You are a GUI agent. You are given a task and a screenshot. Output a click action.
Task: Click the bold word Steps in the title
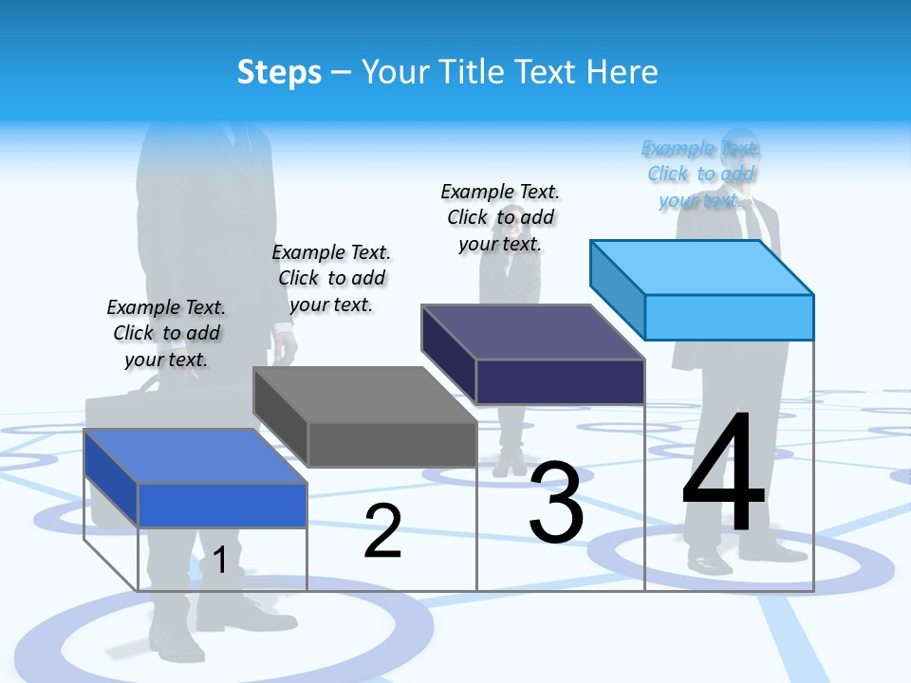point(279,72)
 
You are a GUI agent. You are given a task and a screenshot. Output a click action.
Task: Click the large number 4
point(723,473)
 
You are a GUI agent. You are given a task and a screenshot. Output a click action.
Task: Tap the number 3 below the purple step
point(556,503)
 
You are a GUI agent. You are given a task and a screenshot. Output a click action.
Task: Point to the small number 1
point(219,560)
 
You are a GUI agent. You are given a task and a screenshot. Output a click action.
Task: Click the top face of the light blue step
point(702,267)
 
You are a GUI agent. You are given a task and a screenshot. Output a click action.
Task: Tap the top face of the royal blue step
point(195,456)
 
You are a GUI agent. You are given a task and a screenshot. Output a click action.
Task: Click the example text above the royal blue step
point(166,333)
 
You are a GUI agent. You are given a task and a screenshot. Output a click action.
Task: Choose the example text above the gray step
point(331,278)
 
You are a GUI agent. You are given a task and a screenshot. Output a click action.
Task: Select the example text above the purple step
point(500,217)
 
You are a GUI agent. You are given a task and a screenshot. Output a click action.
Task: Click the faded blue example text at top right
point(700,174)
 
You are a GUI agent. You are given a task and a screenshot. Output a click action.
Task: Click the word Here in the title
point(622,72)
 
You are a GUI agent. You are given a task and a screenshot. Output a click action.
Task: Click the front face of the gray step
point(392,445)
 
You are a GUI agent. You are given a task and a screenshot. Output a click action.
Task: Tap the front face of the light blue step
point(729,317)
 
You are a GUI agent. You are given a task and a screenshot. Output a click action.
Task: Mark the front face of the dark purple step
point(560,381)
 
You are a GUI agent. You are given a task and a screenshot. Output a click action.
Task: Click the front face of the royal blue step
point(222,505)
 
